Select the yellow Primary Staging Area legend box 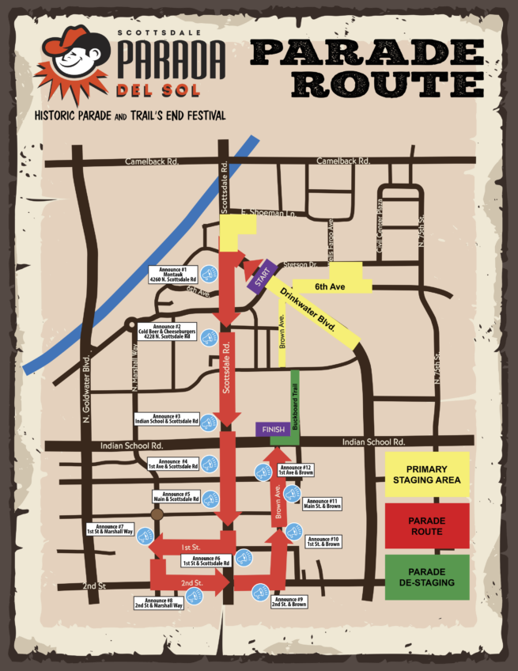point(428,478)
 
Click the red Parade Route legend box point(428,528)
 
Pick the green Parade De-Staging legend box point(428,577)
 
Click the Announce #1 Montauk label point(172,274)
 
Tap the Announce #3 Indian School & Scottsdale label point(167,419)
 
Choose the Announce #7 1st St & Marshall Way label point(109,529)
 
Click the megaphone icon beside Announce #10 point(294,531)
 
